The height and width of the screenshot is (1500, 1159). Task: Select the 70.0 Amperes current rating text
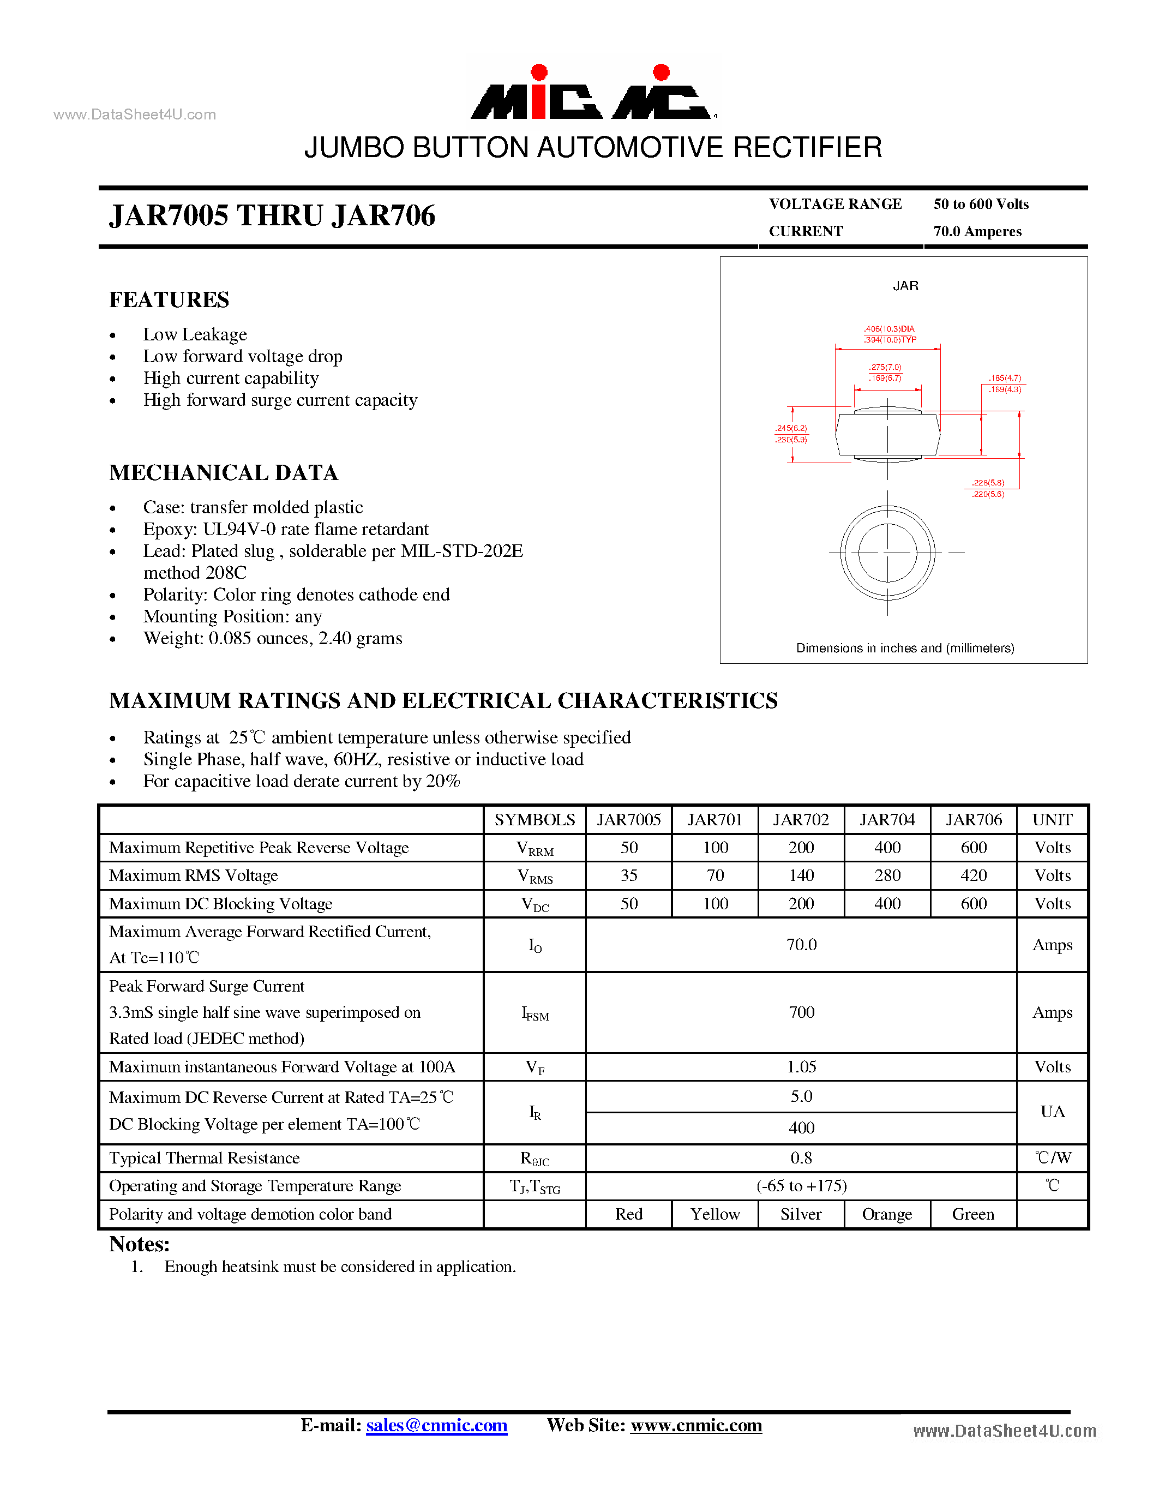point(977,231)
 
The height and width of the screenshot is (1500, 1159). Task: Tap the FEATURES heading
point(169,300)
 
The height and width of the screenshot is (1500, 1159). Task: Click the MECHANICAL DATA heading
point(223,473)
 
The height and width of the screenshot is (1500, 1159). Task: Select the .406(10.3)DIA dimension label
point(889,329)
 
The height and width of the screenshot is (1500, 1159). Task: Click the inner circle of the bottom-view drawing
point(887,553)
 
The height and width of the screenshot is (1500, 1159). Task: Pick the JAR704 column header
point(887,820)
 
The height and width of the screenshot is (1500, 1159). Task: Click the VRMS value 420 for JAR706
point(974,875)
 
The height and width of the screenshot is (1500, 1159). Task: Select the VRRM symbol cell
point(535,849)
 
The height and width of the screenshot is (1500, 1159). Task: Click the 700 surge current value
point(801,1012)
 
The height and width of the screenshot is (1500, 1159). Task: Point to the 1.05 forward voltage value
point(801,1067)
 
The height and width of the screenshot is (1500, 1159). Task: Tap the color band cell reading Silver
point(801,1214)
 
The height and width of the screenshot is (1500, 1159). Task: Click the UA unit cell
point(1052,1112)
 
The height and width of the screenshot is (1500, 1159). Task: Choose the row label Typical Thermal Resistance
point(204,1158)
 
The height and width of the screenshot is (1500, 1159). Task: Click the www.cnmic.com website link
point(696,1425)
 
